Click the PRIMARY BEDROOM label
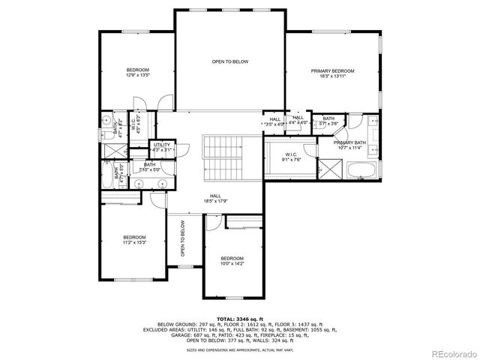click(332, 71)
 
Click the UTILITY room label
click(162, 145)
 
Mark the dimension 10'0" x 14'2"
click(232, 263)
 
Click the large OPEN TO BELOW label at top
click(229, 61)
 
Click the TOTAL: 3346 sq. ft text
click(239, 319)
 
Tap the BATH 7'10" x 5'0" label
click(150, 167)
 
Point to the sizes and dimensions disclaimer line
click(239, 349)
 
